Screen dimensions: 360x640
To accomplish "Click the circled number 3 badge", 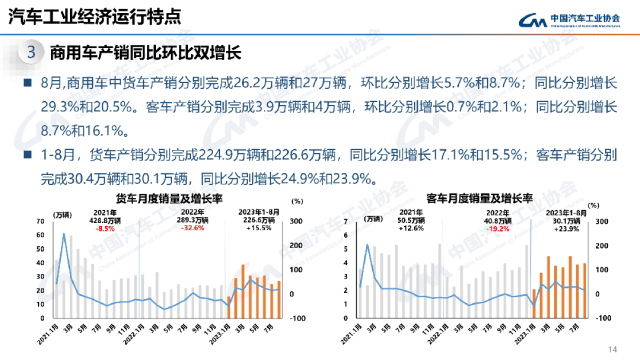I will [32, 52].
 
